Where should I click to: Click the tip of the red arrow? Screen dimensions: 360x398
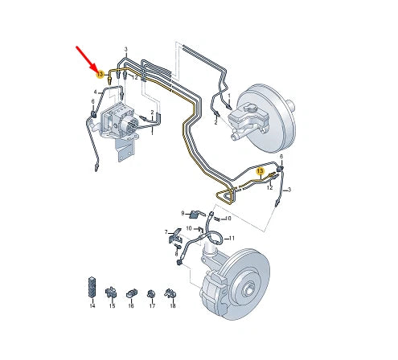pyautogui.click(x=96, y=68)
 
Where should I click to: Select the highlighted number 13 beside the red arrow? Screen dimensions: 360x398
pyautogui.click(x=101, y=75)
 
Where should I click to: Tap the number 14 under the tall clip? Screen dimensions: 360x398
pyautogui.click(x=92, y=307)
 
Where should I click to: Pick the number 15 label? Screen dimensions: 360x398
pyautogui.click(x=112, y=307)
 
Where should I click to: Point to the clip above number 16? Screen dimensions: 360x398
pyautogui.click(x=131, y=292)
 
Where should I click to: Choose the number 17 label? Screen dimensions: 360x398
pyautogui.click(x=151, y=307)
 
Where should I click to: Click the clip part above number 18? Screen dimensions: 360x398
pyautogui.click(x=170, y=294)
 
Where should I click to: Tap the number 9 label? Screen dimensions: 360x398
pyautogui.click(x=183, y=213)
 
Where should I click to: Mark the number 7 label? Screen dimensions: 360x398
pyautogui.click(x=166, y=232)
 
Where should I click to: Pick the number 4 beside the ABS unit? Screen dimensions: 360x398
pyautogui.click(x=95, y=92)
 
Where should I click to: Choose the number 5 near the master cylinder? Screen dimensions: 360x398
pyautogui.click(x=215, y=123)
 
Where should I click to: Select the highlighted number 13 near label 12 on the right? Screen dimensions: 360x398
pyautogui.click(x=260, y=171)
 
